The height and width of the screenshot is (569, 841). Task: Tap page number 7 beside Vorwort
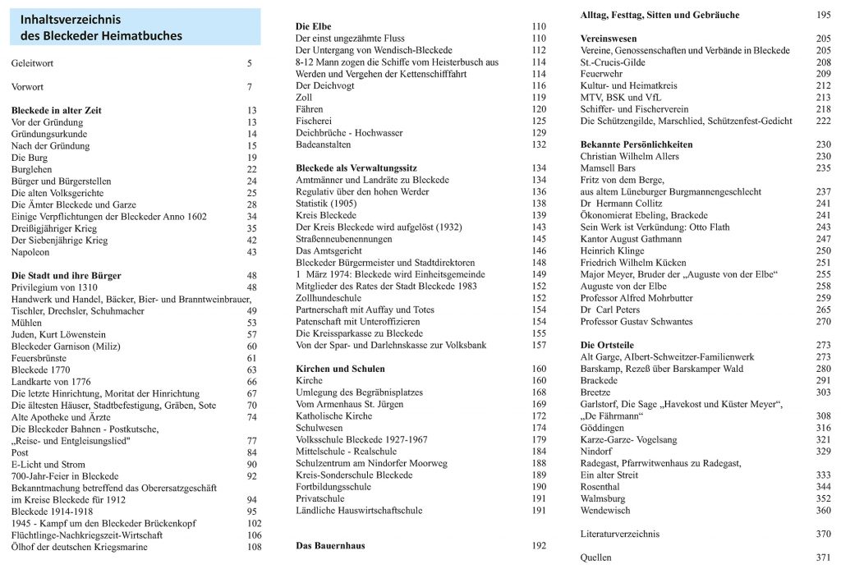pyautogui.click(x=250, y=86)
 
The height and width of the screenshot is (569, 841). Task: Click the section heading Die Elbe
pyautogui.click(x=314, y=26)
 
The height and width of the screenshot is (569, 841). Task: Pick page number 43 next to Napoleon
pyautogui.click(x=251, y=252)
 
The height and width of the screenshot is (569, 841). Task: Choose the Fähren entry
pyautogui.click(x=309, y=109)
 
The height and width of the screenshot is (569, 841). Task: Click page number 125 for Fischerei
pyautogui.click(x=539, y=121)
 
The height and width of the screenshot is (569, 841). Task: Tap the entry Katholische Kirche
pyautogui.click(x=333, y=416)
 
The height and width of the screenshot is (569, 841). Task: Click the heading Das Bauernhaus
pyautogui.click(x=330, y=545)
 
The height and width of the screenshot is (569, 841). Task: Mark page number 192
pyautogui.click(x=539, y=545)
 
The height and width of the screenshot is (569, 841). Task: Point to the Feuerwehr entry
pyautogui.click(x=601, y=74)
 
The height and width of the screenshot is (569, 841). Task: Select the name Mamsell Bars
pyautogui.click(x=608, y=168)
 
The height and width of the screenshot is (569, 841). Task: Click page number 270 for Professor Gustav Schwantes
pyautogui.click(x=823, y=322)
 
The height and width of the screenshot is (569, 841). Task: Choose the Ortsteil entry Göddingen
pyautogui.click(x=603, y=428)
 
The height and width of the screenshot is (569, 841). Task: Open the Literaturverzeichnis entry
pyautogui.click(x=619, y=534)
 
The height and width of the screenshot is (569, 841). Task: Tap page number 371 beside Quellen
pyautogui.click(x=823, y=558)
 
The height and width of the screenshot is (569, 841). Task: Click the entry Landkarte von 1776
pyautogui.click(x=52, y=382)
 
